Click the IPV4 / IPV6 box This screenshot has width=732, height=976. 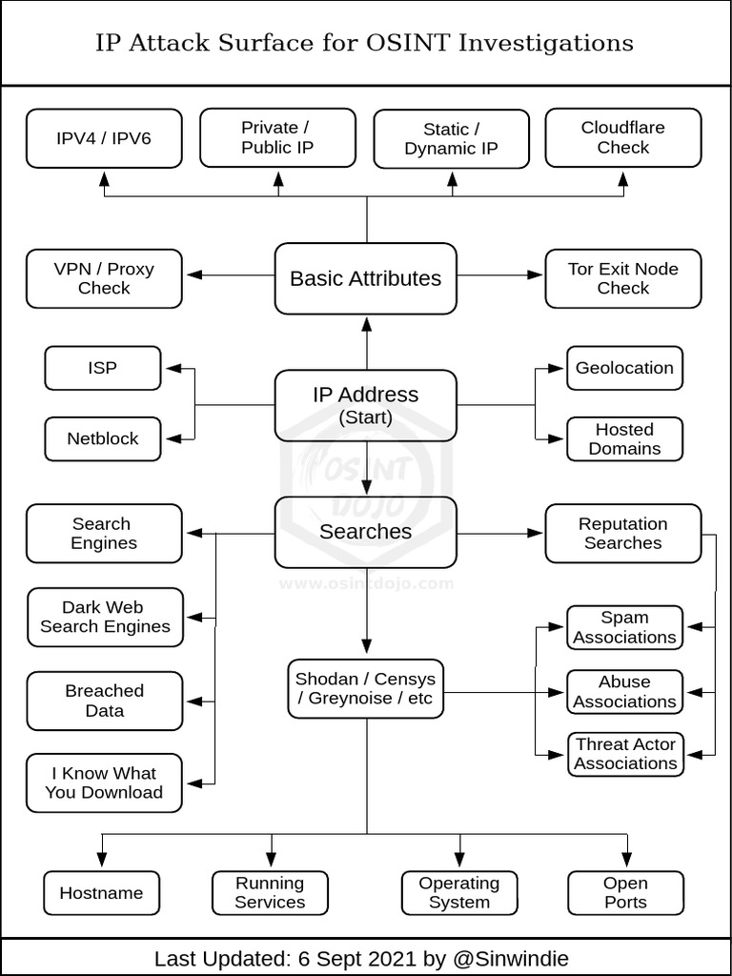pos(104,138)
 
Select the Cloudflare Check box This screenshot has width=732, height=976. pos(623,138)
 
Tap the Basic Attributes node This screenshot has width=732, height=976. pos(366,278)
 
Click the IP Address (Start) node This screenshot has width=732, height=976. pos(366,405)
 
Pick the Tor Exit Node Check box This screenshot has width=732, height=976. pos(623,278)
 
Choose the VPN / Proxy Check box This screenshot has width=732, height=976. pos(104,278)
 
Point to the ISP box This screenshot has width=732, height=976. pos(103,368)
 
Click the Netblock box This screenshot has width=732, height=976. pos(103,438)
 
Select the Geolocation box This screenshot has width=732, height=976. pos(624,368)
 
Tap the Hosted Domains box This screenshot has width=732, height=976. pos(624,438)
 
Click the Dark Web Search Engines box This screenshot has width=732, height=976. pos(105,617)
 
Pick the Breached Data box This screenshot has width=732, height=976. pos(105,701)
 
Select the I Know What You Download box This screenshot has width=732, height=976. pos(104,783)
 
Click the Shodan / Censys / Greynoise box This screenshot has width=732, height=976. pos(366,689)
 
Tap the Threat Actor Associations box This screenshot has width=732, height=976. pos(625,754)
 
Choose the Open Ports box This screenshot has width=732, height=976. pos(625,893)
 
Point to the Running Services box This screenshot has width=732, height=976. pos(270,893)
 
